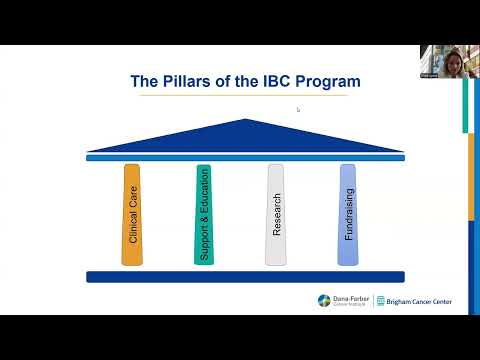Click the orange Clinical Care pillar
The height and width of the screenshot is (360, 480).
(132, 214)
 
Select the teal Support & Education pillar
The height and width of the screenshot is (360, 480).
(204, 214)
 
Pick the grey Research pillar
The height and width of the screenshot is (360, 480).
(275, 214)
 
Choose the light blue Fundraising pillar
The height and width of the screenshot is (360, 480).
(347, 214)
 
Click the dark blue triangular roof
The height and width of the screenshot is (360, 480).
(245, 136)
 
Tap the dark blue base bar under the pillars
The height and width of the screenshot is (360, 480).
(245, 277)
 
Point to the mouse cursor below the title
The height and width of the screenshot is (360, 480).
(298, 110)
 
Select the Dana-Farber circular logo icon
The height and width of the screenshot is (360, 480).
(324, 301)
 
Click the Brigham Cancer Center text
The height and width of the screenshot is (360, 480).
(419, 301)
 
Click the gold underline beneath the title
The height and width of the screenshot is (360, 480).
(245, 96)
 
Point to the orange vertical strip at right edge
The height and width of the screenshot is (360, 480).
(471, 175)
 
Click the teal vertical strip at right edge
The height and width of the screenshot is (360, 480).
(465, 105)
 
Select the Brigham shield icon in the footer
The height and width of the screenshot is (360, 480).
(381, 301)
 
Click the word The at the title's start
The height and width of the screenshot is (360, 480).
(146, 81)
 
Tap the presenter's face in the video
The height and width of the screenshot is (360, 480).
(441, 56)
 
